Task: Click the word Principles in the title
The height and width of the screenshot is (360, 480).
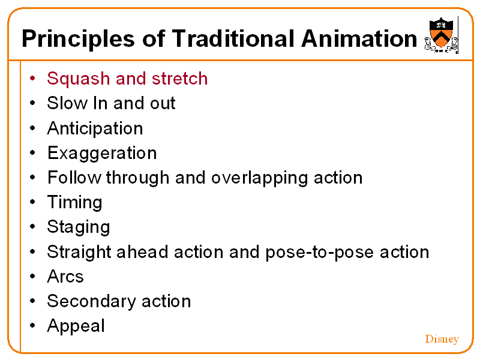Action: (x=78, y=39)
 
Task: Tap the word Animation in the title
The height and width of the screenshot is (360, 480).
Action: (x=359, y=39)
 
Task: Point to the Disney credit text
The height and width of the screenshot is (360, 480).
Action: (x=442, y=339)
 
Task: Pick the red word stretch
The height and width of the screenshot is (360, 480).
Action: (x=179, y=79)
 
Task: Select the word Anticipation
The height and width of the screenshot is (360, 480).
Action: (x=95, y=128)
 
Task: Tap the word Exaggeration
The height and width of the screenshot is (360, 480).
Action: (x=102, y=153)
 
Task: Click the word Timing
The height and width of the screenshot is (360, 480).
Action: (x=74, y=202)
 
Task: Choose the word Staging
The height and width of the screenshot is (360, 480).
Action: (x=79, y=227)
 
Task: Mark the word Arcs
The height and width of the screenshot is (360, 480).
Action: (x=65, y=277)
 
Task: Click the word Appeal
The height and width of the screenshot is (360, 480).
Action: (x=76, y=326)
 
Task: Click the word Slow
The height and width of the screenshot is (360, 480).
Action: (x=67, y=103)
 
